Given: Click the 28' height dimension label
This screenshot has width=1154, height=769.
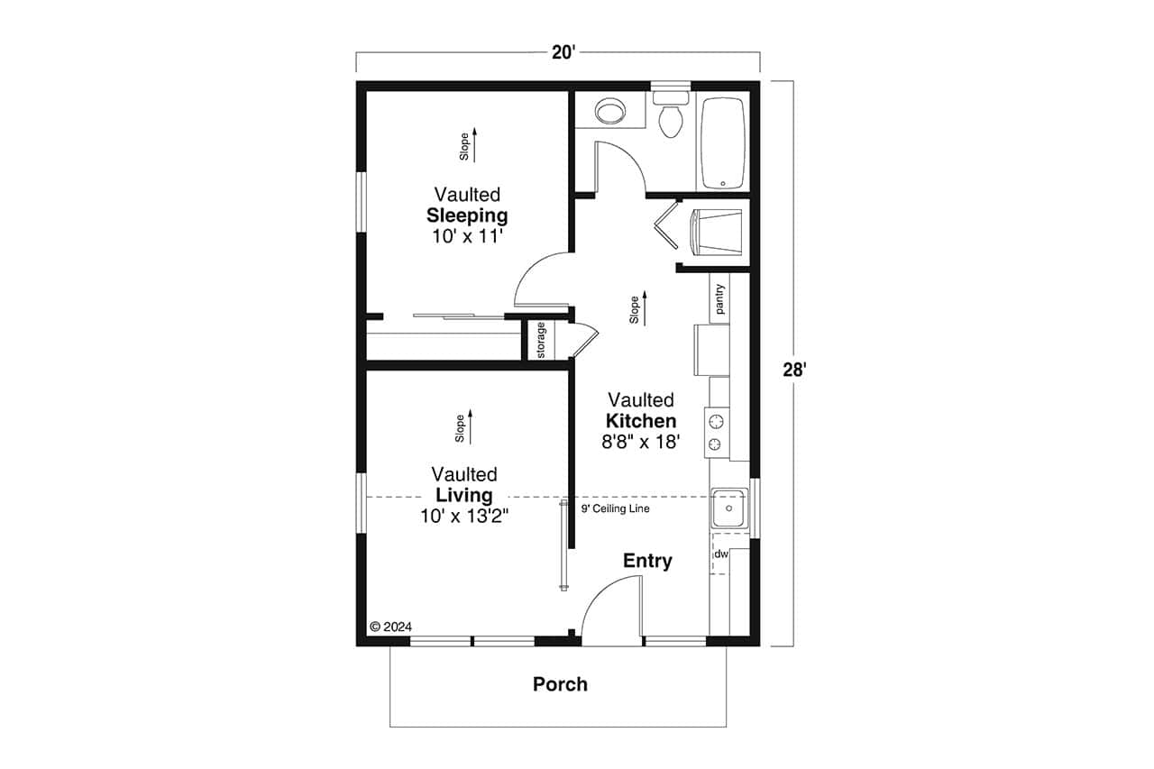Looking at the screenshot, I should [794, 369].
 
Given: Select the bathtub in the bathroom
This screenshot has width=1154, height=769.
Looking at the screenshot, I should [722, 143].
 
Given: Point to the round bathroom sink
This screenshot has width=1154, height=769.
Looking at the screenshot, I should [610, 112].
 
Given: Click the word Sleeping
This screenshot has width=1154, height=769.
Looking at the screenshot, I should [466, 215].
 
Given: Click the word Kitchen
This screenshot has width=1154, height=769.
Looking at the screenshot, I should [640, 421].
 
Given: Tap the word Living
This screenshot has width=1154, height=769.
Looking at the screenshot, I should [464, 495].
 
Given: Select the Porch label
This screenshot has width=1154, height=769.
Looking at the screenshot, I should [560, 684].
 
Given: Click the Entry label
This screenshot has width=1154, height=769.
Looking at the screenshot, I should [647, 561].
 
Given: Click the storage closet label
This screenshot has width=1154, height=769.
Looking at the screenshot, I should [541, 340].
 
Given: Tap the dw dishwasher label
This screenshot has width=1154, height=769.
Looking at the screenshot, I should [721, 554].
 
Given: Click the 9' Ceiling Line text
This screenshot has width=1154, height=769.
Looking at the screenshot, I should [615, 508].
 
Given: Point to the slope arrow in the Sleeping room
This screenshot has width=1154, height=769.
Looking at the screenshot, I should [475, 144].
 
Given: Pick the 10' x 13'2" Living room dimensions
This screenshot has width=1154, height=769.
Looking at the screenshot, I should [464, 516].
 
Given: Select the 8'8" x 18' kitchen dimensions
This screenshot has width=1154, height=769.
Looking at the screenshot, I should [640, 442].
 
